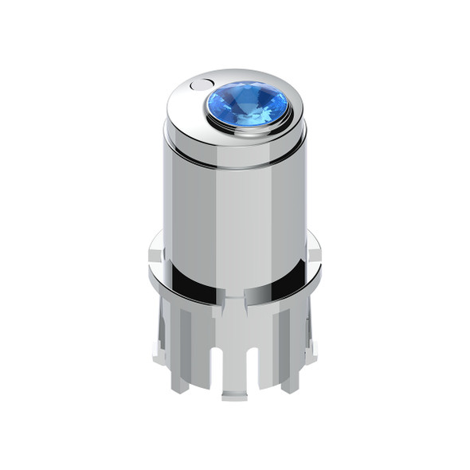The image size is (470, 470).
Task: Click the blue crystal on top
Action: pos(248,104)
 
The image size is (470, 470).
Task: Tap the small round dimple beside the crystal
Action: pos(202,84)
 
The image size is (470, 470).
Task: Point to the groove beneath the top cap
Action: pos(235,163)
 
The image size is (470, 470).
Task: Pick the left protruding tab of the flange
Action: pos(156,253)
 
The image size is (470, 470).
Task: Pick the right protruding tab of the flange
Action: pos(314,253)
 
